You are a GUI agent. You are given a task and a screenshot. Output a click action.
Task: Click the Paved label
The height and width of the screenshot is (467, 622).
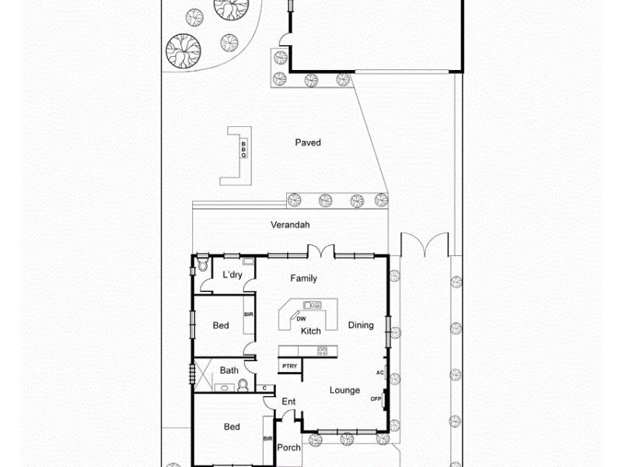(x=308, y=142)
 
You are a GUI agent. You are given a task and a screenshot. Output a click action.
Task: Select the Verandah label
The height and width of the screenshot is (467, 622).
(x=290, y=225)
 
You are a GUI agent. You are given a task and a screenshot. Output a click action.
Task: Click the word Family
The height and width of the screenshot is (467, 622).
(x=303, y=278)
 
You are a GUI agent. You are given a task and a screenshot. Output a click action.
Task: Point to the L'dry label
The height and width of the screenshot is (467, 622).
(x=232, y=275)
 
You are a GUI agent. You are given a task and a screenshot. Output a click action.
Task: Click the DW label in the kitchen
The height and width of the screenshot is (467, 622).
(x=300, y=318)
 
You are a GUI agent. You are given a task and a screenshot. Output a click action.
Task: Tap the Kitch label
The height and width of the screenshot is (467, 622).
(x=311, y=331)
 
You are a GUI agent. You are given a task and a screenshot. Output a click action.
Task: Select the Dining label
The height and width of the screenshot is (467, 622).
(x=361, y=325)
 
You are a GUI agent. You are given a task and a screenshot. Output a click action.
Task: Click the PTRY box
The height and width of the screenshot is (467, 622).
(x=289, y=365)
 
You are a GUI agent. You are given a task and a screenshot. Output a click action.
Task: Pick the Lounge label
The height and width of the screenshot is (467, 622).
(x=344, y=390)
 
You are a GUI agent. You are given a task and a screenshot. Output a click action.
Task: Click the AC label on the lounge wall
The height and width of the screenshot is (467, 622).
(x=380, y=372)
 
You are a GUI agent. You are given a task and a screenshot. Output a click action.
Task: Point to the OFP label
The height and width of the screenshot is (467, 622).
(x=376, y=399)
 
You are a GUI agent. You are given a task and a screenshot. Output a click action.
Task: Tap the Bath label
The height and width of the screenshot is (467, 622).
(x=229, y=370)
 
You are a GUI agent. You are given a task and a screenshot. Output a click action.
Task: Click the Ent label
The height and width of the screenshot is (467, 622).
(x=288, y=402)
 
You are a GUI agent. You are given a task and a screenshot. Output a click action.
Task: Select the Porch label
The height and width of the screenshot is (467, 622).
(x=288, y=448)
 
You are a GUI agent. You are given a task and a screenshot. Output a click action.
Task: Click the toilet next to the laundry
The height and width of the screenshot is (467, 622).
(x=202, y=265)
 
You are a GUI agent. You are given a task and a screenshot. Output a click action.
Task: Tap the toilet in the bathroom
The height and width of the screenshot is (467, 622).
(x=243, y=384)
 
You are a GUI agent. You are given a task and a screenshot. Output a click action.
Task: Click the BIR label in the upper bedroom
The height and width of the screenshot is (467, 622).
(x=249, y=314)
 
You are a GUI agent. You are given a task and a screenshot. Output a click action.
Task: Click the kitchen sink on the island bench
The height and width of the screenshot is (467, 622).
(x=312, y=304)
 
